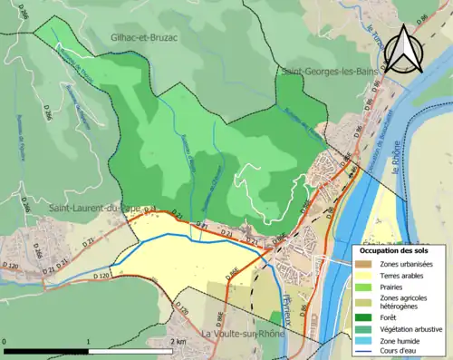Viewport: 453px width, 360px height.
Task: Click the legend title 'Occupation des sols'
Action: click(x=398, y=249)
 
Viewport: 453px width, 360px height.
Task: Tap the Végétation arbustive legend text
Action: click(x=411, y=327)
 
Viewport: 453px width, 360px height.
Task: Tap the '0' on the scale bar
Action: click(x=5, y=342)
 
